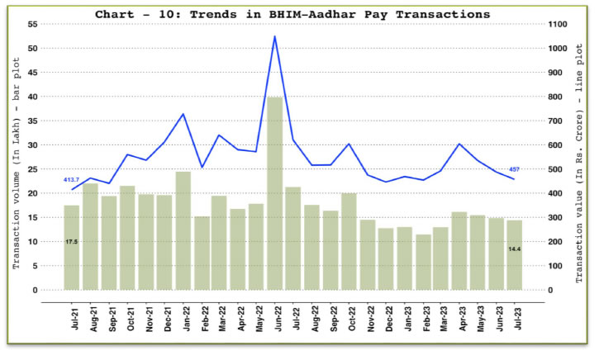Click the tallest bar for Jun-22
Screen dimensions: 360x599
coord(274,193)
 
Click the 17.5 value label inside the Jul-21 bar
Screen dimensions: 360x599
coord(72,241)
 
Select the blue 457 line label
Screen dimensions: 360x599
coord(514,169)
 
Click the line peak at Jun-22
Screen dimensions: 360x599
coord(274,36)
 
